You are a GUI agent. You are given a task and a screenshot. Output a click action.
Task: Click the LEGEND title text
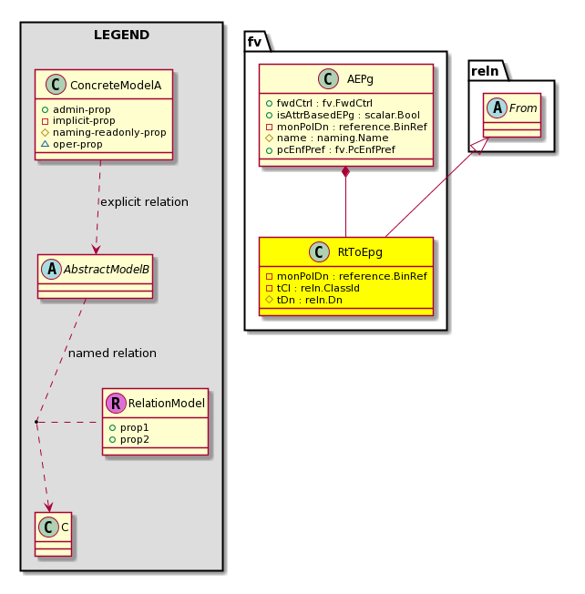121,35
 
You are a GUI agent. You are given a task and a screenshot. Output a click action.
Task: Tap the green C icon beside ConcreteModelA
56,85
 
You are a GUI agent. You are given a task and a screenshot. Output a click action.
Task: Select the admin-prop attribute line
77,109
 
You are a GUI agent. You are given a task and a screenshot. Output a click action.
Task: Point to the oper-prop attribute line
72,144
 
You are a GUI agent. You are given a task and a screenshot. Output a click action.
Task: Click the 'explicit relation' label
144,202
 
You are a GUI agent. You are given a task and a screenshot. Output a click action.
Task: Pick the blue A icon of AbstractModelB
52,269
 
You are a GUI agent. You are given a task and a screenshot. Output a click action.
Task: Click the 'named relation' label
112,353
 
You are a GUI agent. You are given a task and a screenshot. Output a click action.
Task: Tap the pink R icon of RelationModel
116,403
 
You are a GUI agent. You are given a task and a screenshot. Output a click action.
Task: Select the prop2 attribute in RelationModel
129,439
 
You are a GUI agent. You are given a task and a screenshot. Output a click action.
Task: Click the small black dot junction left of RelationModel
36,421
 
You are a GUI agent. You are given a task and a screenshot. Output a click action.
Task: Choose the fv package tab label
254,42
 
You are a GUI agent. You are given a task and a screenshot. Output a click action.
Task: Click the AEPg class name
360,78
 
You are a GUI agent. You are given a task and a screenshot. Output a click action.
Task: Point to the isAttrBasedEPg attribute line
344,115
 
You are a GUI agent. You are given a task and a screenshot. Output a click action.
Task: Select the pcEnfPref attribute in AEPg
331,149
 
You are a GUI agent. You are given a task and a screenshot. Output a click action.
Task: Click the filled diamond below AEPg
345,172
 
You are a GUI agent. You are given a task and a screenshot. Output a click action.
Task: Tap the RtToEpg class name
360,252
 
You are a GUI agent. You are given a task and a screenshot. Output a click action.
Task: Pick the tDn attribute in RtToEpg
304,300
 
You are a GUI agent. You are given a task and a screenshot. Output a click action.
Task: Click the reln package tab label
485,71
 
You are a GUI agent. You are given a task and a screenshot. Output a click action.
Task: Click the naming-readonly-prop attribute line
104,132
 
